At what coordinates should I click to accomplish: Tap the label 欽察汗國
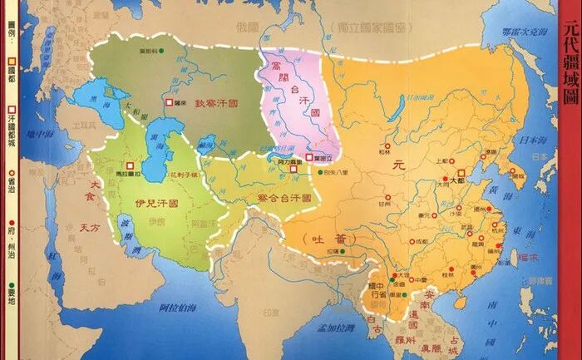[218, 104]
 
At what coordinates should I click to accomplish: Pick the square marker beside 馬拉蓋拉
[130, 165]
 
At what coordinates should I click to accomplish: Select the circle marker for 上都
[443, 160]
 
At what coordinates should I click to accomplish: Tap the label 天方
[90, 226]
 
